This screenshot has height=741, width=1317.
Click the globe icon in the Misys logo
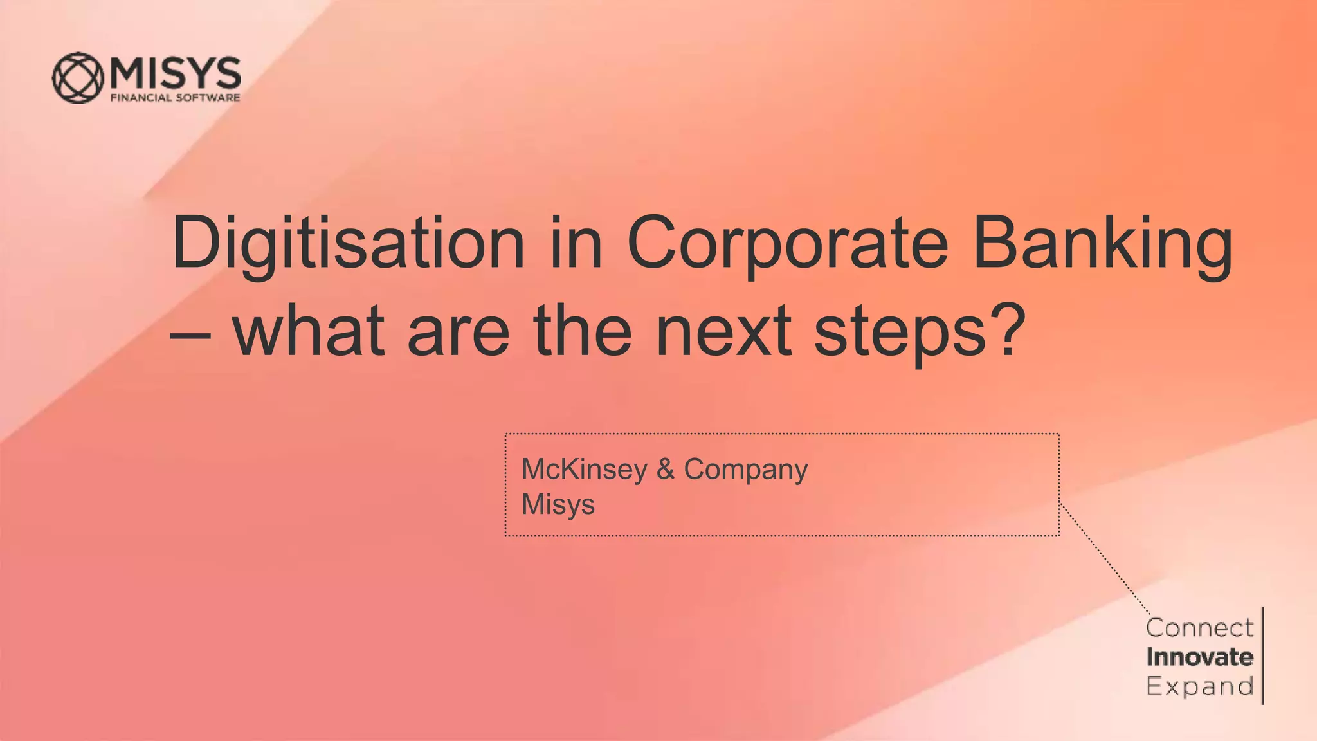click(78, 78)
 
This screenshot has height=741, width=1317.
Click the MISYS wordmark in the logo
click(176, 73)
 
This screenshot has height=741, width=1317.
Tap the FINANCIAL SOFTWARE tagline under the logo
click(176, 98)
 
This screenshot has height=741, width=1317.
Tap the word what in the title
click(309, 332)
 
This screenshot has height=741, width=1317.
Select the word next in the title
click(723, 332)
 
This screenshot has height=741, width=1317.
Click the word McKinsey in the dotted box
click(584, 470)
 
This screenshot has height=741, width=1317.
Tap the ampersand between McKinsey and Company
click(666, 469)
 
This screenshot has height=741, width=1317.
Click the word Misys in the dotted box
click(558, 505)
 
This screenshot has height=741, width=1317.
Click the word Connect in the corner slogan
click(1199, 628)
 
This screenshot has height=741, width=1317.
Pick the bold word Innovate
click(1199, 657)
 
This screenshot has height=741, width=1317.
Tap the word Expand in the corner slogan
click(1199, 687)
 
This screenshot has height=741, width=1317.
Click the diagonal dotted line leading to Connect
click(1104, 560)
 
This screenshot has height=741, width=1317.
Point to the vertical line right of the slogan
click(1263, 657)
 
